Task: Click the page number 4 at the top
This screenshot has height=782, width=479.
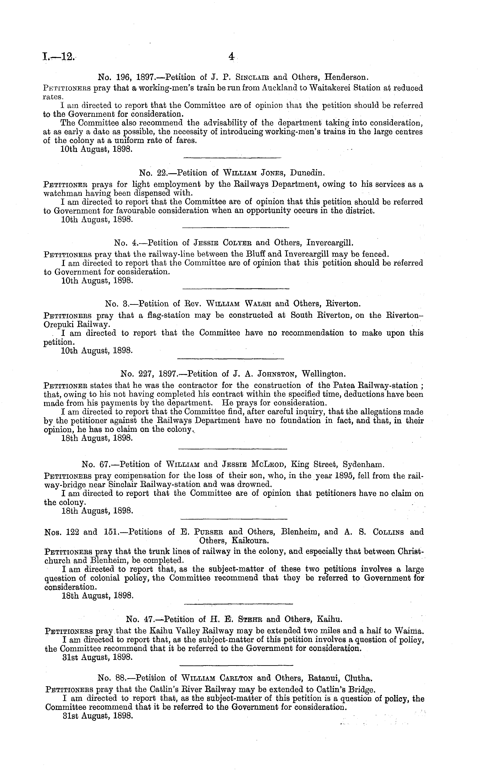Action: [231, 57]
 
